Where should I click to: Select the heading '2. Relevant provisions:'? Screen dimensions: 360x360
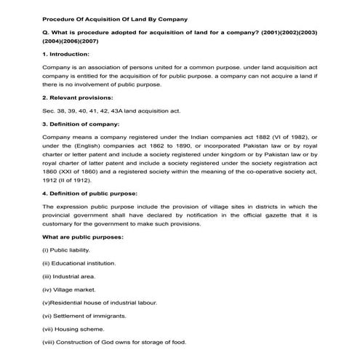[x=77, y=96]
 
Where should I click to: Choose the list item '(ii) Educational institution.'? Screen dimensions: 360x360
[x=79, y=263]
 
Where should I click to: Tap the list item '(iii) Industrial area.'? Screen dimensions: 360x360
[x=71, y=276]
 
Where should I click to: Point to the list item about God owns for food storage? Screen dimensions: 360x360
[x=105, y=341]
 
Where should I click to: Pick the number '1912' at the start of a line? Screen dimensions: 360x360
[x=51, y=179]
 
